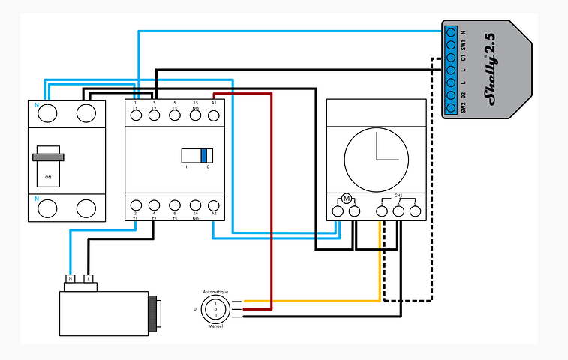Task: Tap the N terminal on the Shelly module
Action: click(x=451, y=33)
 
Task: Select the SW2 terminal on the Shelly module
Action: click(x=451, y=107)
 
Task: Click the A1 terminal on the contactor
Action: click(x=214, y=114)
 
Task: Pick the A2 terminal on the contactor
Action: click(x=214, y=205)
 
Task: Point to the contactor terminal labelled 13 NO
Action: click(x=195, y=114)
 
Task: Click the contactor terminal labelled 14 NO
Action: click(x=195, y=205)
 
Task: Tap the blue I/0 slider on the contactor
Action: click(x=203, y=155)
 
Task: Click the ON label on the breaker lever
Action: click(x=49, y=178)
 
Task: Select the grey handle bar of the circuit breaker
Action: click(x=48, y=157)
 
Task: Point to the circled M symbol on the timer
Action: click(x=346, y=198)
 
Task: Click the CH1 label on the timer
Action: click(x=398, y=196)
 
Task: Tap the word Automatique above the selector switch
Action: click(x=215, y=291)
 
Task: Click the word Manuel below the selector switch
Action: click(x=215, y=326)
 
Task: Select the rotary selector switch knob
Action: click(x=215, y=308)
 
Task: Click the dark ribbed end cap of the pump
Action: click(x=155, y=313)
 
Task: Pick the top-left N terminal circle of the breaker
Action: click(x=48, y=113)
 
